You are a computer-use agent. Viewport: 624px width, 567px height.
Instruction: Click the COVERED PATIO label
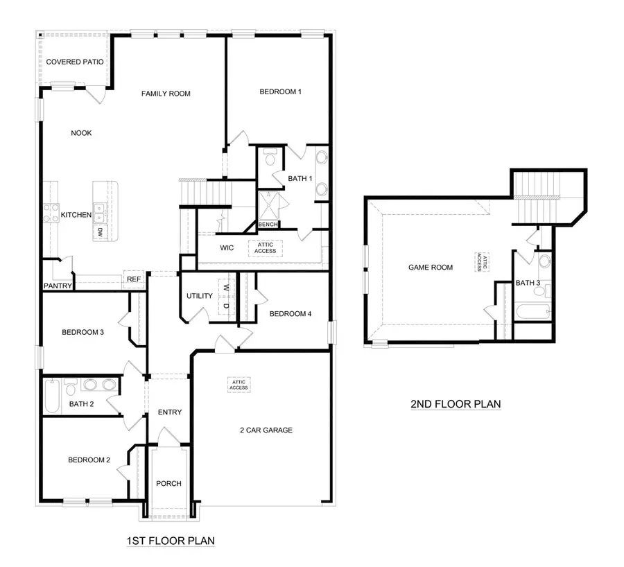pyautogui.click(x=75, y=62)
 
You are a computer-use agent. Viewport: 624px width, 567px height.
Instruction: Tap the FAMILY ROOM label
pyautogui.click(x=166, y=94)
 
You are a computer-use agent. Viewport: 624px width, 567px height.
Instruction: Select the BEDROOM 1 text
pyautogui.click(x=280, y=91)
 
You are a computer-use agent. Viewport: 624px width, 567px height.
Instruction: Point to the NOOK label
pyautogui.click(x=81, y=133)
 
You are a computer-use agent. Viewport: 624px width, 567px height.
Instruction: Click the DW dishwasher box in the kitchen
pyautogui.click(x=101, y=232)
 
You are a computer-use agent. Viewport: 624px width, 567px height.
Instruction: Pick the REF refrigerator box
pyautogui.click(x=133, y=279)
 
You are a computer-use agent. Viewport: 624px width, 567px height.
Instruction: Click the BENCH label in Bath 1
pyautogui.click(x=268, y=225)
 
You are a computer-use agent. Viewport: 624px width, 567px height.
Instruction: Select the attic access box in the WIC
pyautogui.click(x=265, y=247)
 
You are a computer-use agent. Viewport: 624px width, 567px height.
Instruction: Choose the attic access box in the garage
pyautogui.click(x=239, y=385)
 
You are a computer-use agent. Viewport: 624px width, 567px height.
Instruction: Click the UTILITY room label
pyautogui.click(x=199, y=296)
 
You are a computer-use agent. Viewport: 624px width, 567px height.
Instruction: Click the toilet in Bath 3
pyautogui.click(x=544, y=262)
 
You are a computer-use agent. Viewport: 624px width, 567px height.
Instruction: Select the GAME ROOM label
pyautogui.click(x=430, y=267)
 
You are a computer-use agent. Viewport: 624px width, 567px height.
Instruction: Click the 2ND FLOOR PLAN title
pyautogui.click(x=456, y=403)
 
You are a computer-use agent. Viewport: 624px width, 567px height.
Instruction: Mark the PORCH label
pyautogui.click(x=168, y=483)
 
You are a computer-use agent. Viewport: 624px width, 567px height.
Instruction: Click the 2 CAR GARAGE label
pyautogui.click(x=263, y=430)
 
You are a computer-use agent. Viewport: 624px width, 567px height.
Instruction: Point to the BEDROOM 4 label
pyautogui.click(x=290, y=314)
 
